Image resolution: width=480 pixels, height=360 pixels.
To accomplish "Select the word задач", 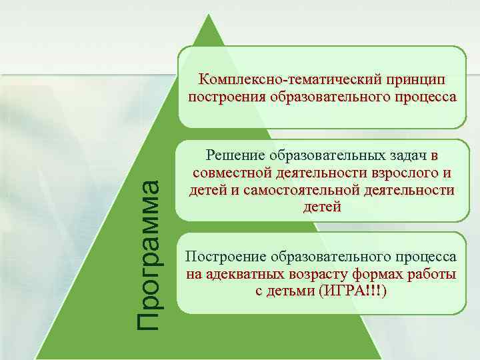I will point(408,156).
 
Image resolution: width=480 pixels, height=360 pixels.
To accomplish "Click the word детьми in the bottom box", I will point(293,291).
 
